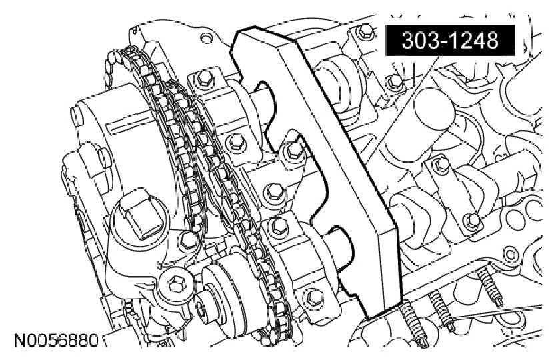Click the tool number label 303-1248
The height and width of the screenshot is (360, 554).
(450, 40)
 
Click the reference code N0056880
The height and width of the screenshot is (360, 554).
(56, 341)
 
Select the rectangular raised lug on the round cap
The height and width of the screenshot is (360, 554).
(141, 213)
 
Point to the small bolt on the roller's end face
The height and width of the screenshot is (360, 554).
(200, 309)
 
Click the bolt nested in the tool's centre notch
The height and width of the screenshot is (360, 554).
(293, 152)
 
